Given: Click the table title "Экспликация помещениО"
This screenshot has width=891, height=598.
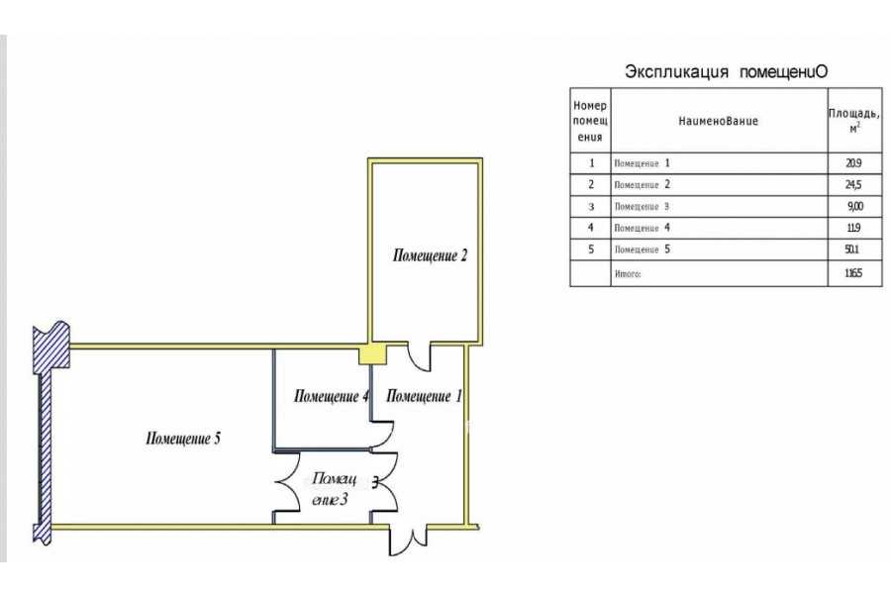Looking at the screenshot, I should tap(726, 72).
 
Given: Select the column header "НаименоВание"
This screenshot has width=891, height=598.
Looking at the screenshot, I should tap(719, 121).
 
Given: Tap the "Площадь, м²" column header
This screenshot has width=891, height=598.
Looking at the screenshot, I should tap(853, 121).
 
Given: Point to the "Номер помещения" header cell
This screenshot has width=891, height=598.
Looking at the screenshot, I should tap(591, 121).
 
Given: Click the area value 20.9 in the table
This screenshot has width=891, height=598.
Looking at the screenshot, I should tap(842, 163).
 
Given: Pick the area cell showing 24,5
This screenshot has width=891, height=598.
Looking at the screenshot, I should tap(842, 185).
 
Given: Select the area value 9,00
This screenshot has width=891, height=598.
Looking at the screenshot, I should tap(842, 207).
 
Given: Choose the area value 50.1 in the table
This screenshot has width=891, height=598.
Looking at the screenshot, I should tap(842, 249).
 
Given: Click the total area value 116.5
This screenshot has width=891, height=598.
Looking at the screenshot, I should tap(842, 273).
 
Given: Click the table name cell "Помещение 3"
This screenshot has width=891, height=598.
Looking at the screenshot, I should tap(643, 207).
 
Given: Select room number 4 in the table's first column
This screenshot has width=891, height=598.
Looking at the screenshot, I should tap(591, 229).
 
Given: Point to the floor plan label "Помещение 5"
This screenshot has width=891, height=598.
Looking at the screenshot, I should tap(182, 438).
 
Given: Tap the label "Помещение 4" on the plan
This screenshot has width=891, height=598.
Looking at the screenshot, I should tap(332, 397).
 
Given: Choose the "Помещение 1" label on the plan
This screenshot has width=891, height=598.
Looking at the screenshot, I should tap(423, 397).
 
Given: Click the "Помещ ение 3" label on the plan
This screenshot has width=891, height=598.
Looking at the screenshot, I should tap(330, 489).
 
